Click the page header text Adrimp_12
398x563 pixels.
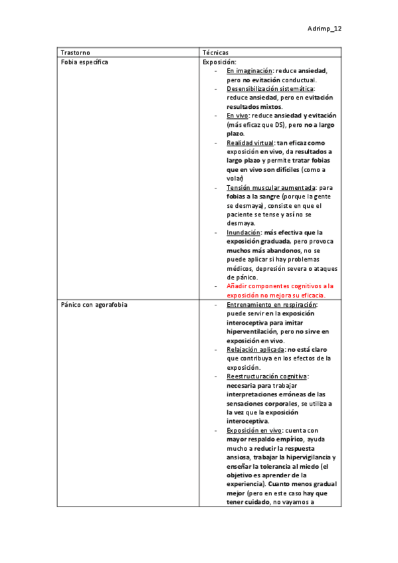click(x=324, y=29)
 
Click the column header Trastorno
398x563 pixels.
click(x=75, y=52)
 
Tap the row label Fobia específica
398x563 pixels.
click(x=84, y=61)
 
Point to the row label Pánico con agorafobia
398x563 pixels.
click(x=94, y=304)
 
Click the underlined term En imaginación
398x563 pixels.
click(x=249, y=70)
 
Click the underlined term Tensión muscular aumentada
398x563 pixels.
click(x=270, y=188)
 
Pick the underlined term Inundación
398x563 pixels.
click(x=243, y=233)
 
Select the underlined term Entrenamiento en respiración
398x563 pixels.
click(x=271, y=304)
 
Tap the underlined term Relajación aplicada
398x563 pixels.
click(x=254, y=349)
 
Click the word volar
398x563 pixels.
click(x=235, y=179)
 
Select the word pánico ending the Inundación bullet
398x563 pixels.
click(x=239, y=277)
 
